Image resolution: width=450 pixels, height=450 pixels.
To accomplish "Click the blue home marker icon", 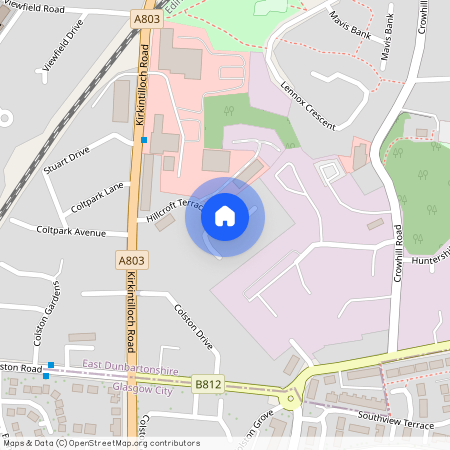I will click(225, 216).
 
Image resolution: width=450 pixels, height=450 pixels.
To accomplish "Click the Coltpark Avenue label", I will click(70, 231).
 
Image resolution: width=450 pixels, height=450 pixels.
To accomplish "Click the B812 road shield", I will click(208, 383).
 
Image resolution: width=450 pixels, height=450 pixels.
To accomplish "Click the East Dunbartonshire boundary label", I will click(130, 371).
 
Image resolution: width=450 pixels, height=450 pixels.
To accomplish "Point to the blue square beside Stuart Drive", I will click(144, 140).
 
